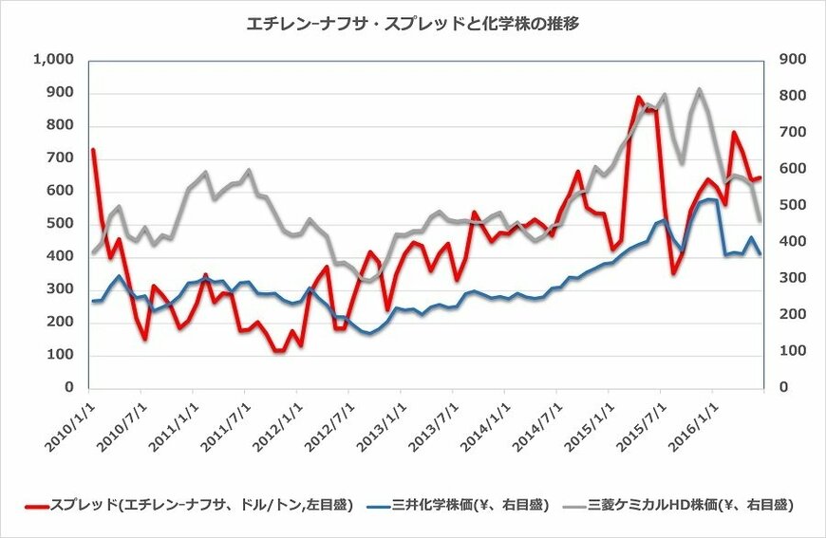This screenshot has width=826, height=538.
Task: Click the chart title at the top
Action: click(412, 25)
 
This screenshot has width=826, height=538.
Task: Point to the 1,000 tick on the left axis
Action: click(54, 60)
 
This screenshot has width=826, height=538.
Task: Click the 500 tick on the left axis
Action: click(60, 224)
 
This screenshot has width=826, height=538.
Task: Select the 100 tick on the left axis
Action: click(60, 355)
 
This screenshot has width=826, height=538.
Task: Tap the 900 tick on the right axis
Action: click(791, 60)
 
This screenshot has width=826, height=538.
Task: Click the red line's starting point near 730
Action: click(92, 150)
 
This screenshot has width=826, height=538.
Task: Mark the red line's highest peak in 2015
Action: click(639, 97)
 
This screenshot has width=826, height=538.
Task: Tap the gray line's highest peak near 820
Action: click(700, 89)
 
